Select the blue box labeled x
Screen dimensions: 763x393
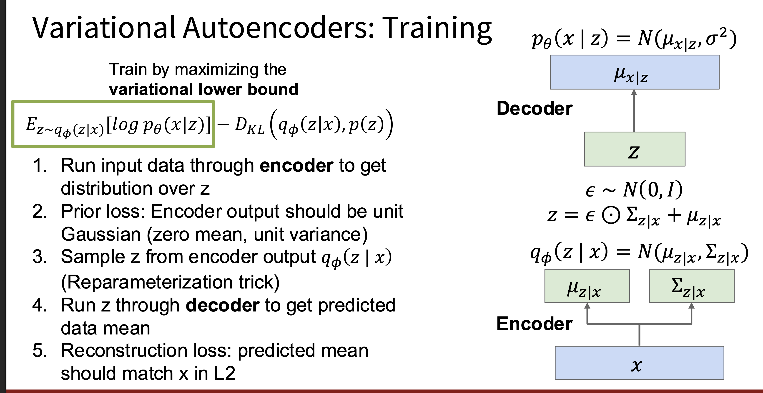click(639, 363)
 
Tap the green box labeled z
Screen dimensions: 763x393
click(635, 149)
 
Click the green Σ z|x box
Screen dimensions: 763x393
click(692, 286)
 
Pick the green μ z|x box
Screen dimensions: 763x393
click(587, 286)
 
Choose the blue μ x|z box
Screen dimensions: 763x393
click(635, 72)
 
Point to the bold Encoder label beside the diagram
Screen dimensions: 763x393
click(534, 324)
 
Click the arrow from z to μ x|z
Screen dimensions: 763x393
click(634, 111)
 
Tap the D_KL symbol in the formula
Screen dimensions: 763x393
click(250, 126)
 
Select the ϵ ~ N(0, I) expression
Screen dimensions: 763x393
click(634, 190)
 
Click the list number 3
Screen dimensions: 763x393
click(40, 257)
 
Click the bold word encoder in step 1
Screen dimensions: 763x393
click(296, 166)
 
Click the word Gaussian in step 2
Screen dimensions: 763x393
click(101, 234)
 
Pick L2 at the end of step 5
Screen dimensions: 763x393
click(224, 373)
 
